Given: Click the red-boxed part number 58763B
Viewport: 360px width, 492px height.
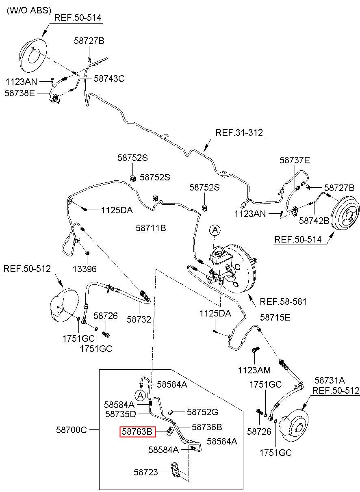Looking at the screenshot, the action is [137, 431].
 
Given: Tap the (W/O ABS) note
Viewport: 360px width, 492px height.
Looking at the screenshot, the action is [29, 10].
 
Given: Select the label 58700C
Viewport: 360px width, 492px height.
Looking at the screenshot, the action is [72, 430].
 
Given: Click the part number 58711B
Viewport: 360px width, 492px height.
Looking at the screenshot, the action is [151, 228].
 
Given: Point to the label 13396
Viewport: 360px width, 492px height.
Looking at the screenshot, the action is [85, 269].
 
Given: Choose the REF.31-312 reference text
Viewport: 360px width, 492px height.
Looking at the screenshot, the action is [239, 133].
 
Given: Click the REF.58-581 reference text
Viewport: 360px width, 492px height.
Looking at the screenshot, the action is [283, 301].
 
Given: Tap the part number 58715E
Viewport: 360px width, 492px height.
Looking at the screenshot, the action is [275, 317].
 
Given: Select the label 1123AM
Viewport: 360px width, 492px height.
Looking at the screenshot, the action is [254, 370].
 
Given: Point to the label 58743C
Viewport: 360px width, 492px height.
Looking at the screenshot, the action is [109, 78].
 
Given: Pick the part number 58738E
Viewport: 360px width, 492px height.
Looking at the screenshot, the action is [20, 93].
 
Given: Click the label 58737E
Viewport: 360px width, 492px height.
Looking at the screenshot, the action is [295, 160].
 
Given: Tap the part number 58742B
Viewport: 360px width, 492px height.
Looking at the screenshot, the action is [314, 221].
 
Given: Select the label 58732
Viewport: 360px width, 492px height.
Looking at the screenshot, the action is [139, 319].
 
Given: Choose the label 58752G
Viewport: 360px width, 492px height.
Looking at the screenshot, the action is [202, 412].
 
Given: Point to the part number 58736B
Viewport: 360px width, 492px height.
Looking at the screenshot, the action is [207, 427].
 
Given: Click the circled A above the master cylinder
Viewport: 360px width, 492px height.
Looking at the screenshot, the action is [215, 230].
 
